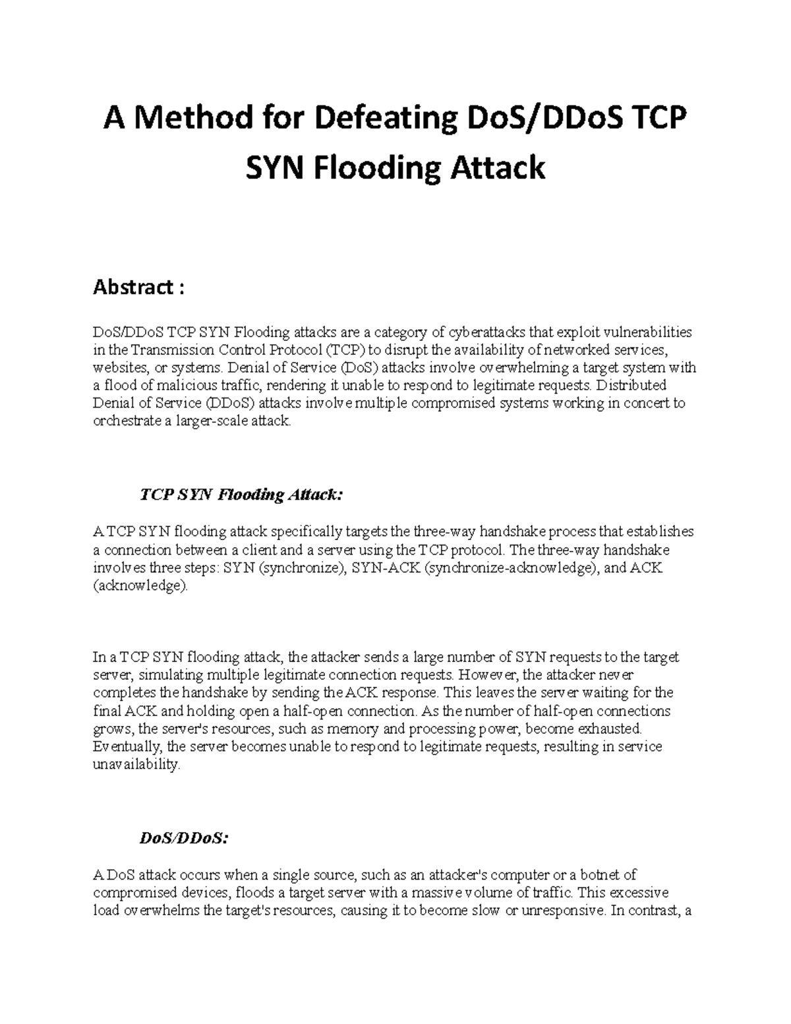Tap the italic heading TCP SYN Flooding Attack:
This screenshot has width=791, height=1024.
point(242,495)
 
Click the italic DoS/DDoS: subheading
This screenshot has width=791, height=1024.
point(184,839)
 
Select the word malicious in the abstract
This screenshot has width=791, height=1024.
point(181,385)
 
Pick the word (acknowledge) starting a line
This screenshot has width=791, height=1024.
point(140,586)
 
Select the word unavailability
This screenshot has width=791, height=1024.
point(136,765)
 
